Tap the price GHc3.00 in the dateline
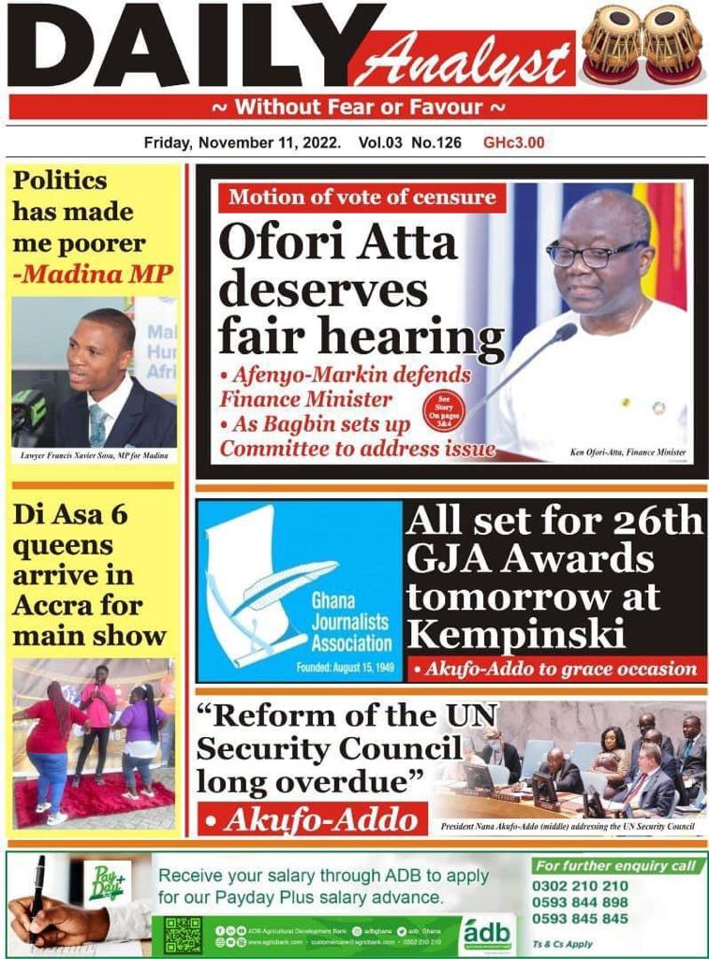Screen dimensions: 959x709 (x=513, y=143)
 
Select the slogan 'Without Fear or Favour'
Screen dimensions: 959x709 (x=360, y=107)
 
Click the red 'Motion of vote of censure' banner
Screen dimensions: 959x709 (x=362, y=198)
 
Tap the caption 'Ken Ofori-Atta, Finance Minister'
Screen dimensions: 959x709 (x=628, y=452)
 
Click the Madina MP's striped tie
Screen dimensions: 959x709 (x=97, y=424)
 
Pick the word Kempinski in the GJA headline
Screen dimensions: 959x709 (x=516, y=635)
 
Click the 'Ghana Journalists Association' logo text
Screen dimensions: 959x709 (x=351, y=622)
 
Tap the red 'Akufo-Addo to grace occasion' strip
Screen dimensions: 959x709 (x=561, y=669)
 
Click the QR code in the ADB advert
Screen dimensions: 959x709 (x=183, y=934)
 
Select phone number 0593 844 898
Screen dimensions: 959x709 (x=580, y=902)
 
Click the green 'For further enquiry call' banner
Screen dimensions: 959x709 (x=617, y=866)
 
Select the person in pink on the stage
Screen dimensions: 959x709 (x=98, y=712)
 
